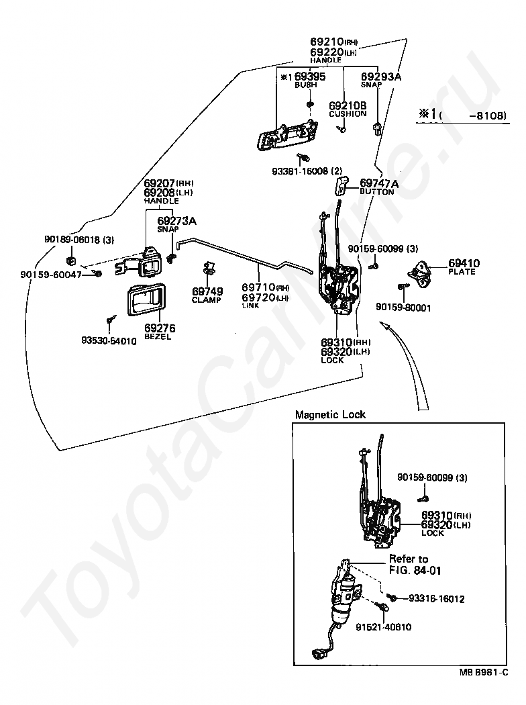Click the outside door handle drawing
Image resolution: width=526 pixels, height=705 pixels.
pyautogui.click(x=286, y=134)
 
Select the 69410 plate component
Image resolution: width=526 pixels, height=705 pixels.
pyautogui.click(x=419, y=273)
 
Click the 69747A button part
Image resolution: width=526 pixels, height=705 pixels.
pyautogui.click(x=341, y=185)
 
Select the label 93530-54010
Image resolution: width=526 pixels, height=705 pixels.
pyautogui.click(x=109, y=341)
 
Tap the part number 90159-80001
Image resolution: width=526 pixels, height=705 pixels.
pyautogui.click(x=403, y=308)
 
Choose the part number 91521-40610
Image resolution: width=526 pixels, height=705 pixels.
pyautogui.click(x=383, y=626)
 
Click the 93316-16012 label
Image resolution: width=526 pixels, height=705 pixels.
pyautogui.click(x=436, y=598)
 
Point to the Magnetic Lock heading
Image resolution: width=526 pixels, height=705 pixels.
pyautogui.click(x=330, y=414)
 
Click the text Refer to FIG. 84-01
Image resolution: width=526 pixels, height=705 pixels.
pyautogui.click(x=415, y=565)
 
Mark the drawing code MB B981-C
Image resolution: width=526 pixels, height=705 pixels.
pyautogui.click(x=484, y=672)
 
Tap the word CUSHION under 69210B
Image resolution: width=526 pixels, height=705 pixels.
pyautogui.click(x=348, y=113)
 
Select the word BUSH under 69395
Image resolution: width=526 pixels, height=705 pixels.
pyautogui.click(x=305, y=85)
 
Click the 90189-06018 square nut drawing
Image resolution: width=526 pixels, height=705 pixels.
pyautogui.click(x=71, y=260)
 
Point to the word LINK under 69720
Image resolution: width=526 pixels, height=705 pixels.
pyautogui.click(x=251, y=305)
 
